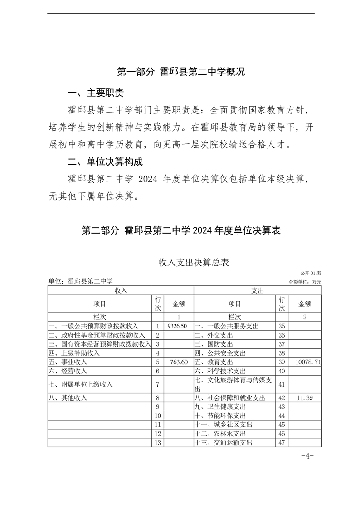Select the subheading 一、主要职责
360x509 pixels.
pos(95,93)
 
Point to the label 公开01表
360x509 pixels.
pos(310,273)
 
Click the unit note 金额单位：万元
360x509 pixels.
pos(305,282)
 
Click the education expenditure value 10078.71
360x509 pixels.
pos(308,362)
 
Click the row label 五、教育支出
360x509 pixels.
pos(214,362)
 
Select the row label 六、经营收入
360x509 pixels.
pos(68,371)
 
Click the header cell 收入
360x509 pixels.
pos(121,290)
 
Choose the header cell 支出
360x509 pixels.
pos(258,290)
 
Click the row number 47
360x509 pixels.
pos(281,442)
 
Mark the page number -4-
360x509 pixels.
pos(307,456)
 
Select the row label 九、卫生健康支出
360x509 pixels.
pos(220,406)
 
